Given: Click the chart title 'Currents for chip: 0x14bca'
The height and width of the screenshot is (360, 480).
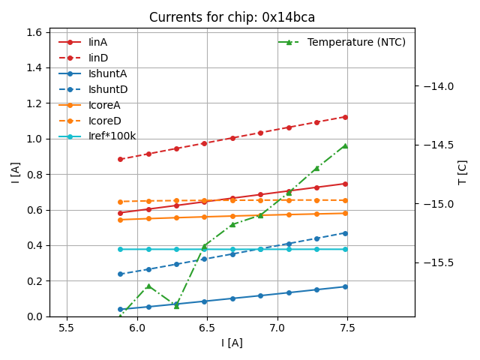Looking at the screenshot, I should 232,17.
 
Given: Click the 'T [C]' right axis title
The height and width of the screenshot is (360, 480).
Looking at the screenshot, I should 463,172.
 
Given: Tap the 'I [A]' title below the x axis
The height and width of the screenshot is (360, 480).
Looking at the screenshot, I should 232,343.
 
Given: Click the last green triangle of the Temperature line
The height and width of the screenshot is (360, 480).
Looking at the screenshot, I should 345,145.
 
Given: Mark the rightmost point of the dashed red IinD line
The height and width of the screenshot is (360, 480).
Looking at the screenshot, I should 345,117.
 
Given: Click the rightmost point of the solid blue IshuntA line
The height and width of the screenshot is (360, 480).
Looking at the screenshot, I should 345,286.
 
